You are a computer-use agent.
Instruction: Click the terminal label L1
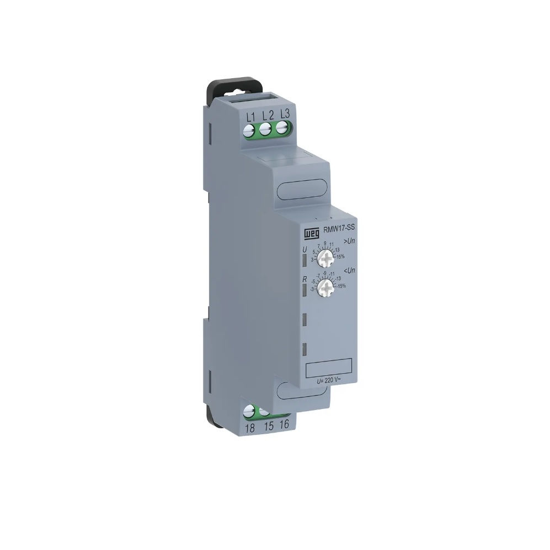[250, 116]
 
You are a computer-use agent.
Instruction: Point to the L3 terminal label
[285, 114]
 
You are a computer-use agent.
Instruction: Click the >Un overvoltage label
[349, 241]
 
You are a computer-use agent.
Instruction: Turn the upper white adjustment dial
[328, 258]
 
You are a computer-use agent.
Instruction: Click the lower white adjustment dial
[328, 285]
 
